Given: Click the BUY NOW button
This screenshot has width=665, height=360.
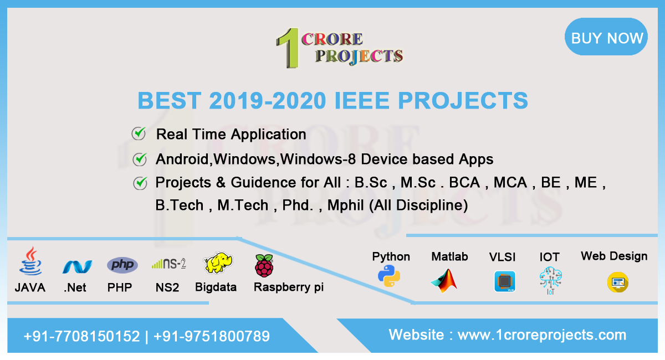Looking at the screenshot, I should pyautogui.click(x=606, y=37).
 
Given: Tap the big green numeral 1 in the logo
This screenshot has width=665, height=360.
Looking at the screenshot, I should pyautogui.click(x=288, y=48).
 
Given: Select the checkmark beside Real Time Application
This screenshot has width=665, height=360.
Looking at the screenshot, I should pyautogui.click(x=139, y=133).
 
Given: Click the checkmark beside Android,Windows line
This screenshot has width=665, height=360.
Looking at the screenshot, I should pyautogui.click(x=140, y=159).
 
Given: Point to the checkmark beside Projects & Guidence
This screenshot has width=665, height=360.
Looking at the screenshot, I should pyautogui.click(x=140, y=182).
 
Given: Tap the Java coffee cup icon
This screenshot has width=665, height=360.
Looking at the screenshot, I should pyautogui.click(x=30, y=262).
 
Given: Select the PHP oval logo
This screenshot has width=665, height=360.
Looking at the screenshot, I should pyautogui.click(x=122, y=265).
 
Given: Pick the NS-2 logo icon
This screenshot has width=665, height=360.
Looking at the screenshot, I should pyautogui.click(x=168, y=264).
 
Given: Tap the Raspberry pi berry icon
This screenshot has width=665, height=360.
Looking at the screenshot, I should pyautogui.click(x=264, y=265).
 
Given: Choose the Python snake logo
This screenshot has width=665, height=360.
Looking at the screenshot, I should pyautogui.click(x=390, y=275).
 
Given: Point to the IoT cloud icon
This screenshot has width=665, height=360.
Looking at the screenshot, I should pyautogui.click(x=550, y=280).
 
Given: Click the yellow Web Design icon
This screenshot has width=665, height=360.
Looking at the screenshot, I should pyautogui.click(x=617, y=282).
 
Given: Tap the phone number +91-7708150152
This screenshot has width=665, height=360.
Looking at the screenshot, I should pyautogui.click(x=81, y=336).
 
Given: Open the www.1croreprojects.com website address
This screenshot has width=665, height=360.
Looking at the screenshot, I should pyautogui.click(x=541, y=335).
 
